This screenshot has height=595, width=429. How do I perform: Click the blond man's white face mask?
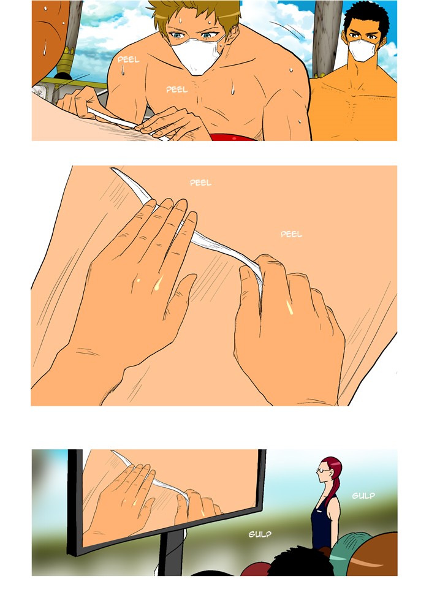(196, 55)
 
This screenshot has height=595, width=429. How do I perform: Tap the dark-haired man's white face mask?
(362, 50)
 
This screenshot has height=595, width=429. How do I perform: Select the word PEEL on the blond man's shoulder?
(128, 59)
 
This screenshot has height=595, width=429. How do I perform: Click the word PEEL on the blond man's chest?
(177, 89)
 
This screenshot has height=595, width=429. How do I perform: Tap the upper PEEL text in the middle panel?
(200, 183)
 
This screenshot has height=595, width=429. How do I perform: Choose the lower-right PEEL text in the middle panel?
(292, 234)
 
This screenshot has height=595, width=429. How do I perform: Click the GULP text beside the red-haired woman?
(363, 496)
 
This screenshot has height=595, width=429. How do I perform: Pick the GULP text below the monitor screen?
(260, 534)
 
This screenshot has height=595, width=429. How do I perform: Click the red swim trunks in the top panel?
(232, 137)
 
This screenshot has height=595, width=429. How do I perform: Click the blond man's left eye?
(207, 36)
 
